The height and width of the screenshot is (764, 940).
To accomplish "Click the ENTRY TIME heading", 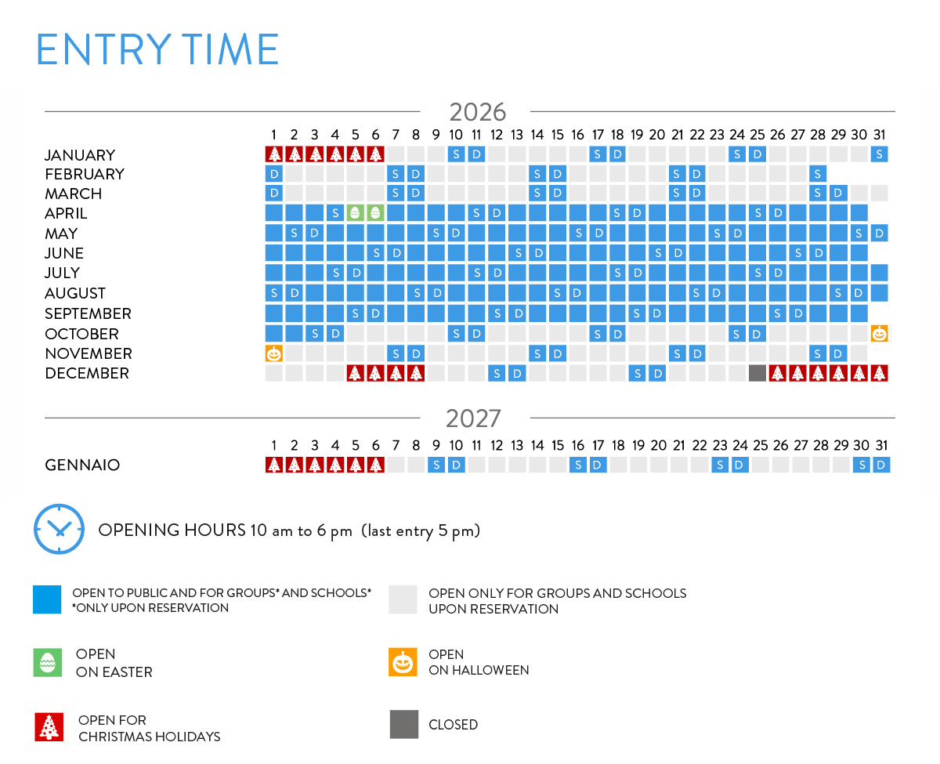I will click(157, 49).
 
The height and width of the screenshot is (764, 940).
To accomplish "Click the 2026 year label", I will click(477, 112).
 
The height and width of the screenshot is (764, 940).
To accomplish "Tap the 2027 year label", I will click(473, 418).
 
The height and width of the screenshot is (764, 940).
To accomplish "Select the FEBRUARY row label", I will click(85, 174).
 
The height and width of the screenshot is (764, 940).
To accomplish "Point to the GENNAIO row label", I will click(82, 465).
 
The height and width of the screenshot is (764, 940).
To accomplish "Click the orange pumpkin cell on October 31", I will click(880, 334).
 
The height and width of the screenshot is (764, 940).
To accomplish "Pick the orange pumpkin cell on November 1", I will click(274, 353).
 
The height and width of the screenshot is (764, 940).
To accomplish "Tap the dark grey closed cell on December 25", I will click(757, 374).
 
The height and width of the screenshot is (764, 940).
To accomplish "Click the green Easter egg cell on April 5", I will click(355, 213).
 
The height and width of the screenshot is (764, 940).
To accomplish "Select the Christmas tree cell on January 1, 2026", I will click(274, 154).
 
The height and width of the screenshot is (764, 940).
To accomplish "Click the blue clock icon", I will click(59, 529).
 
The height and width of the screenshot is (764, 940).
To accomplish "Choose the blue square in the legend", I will click(47, 599).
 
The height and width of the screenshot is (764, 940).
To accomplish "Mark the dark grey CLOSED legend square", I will click(404, 724).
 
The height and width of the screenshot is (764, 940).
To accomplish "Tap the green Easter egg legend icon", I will click(47, 662).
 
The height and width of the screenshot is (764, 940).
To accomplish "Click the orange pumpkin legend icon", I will click(403, 662).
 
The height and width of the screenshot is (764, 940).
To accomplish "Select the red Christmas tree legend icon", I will click(49, 726).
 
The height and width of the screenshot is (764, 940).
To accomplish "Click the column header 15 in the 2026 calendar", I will click(557, 134).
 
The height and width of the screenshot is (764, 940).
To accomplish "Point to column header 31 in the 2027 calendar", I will click(881, 445).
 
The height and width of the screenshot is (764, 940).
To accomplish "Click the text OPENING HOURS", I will click(172, 530).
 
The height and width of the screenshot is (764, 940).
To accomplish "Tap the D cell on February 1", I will click(274, 174).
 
